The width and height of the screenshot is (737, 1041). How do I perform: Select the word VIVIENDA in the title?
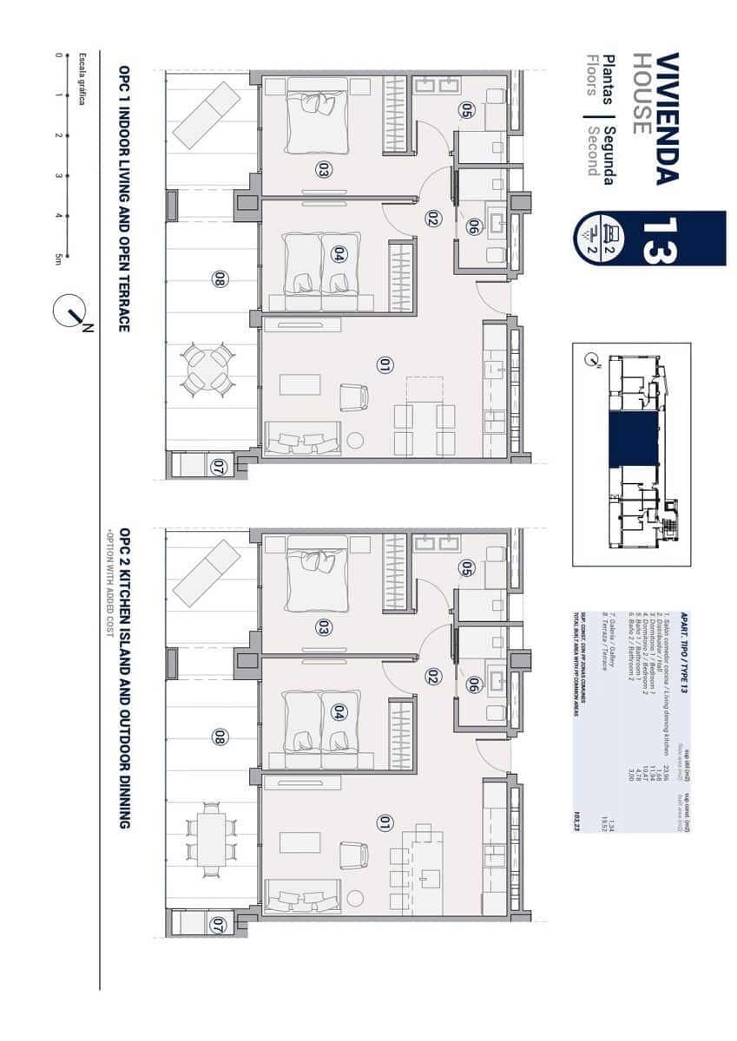click(667, 118)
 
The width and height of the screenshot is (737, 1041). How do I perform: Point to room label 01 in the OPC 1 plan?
click(385, 364)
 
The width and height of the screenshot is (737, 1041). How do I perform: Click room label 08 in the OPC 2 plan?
click(219, 737)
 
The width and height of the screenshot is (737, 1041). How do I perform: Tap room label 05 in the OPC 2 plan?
click(465, 568)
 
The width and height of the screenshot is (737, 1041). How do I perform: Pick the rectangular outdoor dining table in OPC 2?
click(208, 839)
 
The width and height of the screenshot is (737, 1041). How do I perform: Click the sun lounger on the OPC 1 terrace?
click(206, 115)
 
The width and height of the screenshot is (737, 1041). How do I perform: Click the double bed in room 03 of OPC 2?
click(308, 573)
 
